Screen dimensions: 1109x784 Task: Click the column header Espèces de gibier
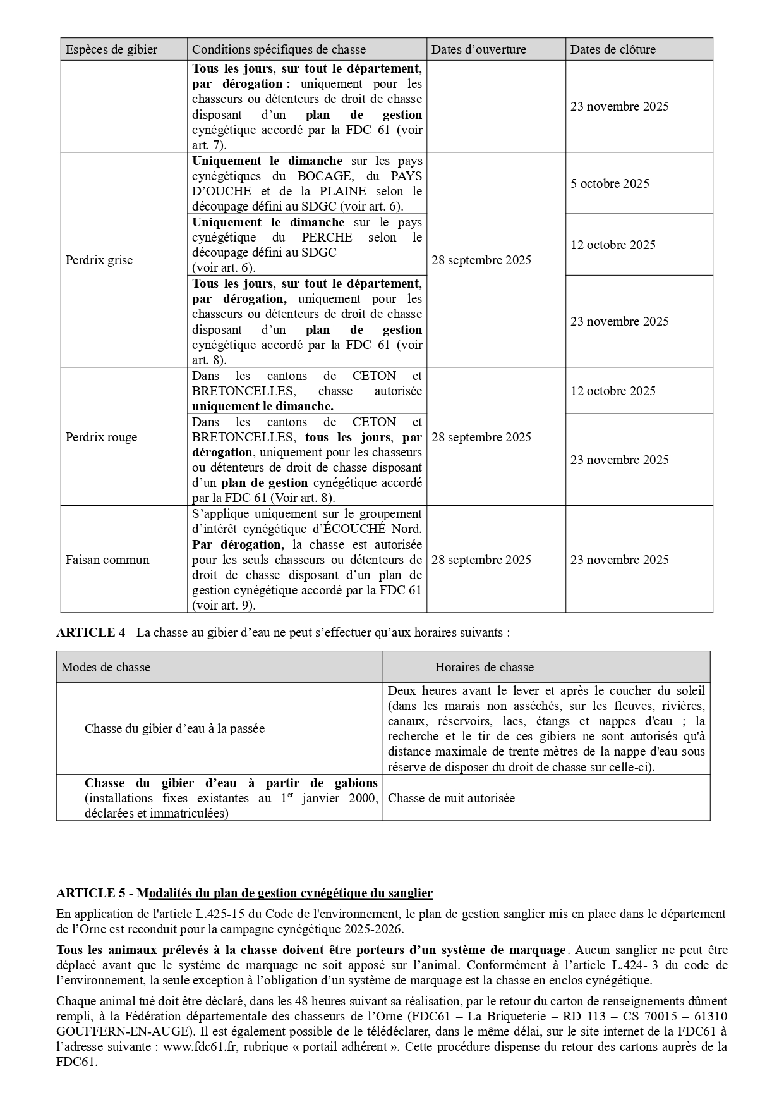[111, 49]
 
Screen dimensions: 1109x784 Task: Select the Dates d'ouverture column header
[478, 49]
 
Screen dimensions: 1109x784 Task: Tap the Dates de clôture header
[613, 49]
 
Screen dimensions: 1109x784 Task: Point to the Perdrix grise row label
[99, 260]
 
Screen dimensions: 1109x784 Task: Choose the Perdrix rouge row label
[101, 437]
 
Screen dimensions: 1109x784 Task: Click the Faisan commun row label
[107, 560]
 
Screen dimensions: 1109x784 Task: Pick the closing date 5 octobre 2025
[610, 183]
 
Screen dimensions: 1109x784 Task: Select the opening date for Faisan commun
[481, 560]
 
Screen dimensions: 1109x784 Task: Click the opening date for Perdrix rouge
[481, 437]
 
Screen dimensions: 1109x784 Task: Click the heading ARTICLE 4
[90, 632]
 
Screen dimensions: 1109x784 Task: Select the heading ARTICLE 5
[90, 893]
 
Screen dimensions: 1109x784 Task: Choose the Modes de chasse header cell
[106, 667]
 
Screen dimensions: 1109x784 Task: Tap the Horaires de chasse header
[484, 667]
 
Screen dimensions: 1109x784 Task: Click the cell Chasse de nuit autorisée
[451, 798]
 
